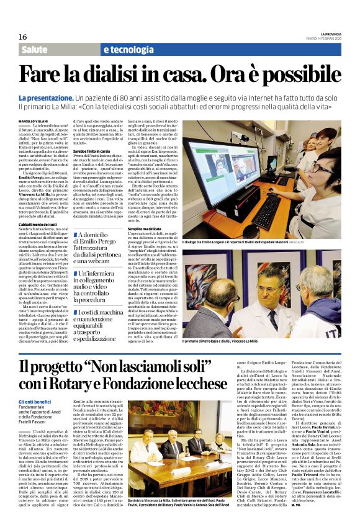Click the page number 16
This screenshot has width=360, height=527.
(23, 37)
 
